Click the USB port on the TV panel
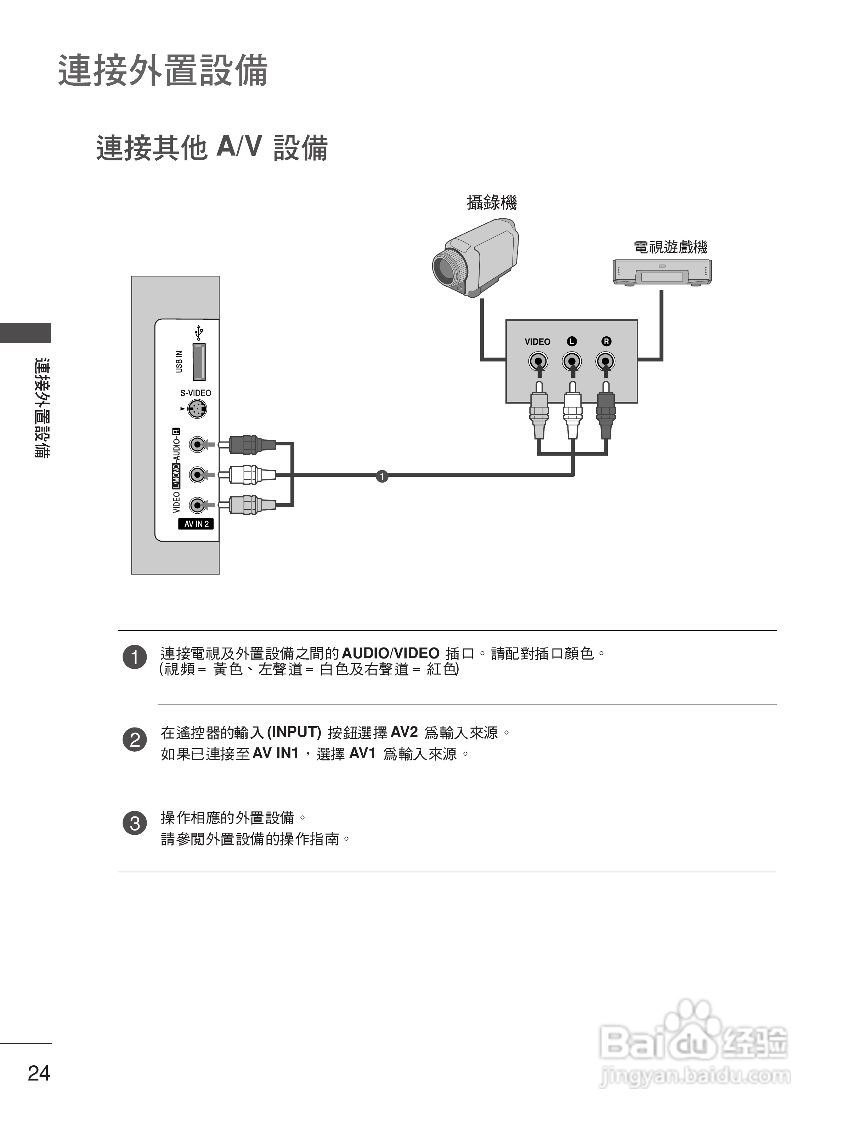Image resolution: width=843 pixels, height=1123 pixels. coord(199,362)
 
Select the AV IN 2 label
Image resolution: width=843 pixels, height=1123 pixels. coord(196,524)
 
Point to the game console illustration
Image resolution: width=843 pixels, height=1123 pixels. coord(662,272)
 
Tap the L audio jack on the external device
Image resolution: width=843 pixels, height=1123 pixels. coord(572,362)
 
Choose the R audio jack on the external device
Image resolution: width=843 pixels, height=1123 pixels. coord(605,362)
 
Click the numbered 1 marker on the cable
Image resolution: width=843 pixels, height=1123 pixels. coord(382,476)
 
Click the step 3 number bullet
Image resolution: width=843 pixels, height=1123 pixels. coord(135,823)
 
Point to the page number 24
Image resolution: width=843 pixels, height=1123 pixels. coord(39,1073)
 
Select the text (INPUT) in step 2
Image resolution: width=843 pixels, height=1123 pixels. coord(294,732)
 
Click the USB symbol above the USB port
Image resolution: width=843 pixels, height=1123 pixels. coord(199,333)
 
